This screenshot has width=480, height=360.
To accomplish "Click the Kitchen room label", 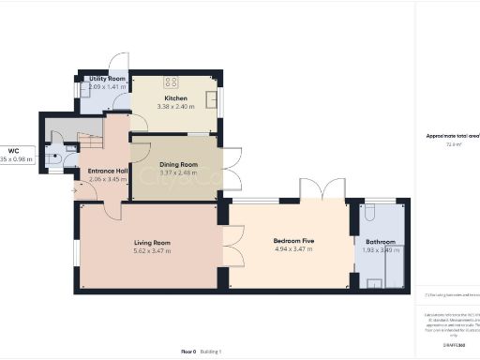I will (x=176, y=97).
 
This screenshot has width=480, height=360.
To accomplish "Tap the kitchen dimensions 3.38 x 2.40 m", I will (x=176, y=106).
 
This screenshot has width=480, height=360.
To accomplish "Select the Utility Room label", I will (x=106, y=79).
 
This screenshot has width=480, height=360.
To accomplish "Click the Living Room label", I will (x=151, y=242).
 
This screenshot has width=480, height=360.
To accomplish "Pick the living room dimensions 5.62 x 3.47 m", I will (x=151, y=250).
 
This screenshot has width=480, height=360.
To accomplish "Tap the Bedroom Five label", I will (x=292, y=241).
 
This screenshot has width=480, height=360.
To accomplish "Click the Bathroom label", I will (x=380, y=241).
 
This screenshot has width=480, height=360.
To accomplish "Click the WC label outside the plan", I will (x=14, y=150).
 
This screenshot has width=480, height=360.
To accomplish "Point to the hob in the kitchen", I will (x=172, y=81).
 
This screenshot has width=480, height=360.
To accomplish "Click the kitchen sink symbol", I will (x=213, y=97).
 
